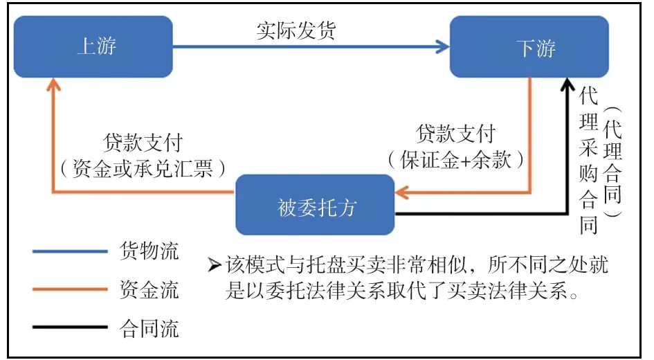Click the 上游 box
pos(93,46)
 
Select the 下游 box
pos(529,46)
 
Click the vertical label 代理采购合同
pos(588,159)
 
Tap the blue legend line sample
pos(70,251)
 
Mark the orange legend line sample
pos(70,289)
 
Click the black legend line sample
pos(70,326)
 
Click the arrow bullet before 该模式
pos(214,265)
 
